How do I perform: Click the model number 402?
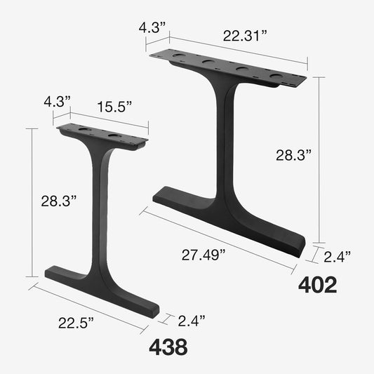tap(318, 284)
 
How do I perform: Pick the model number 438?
tap(168, 346)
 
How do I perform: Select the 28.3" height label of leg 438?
tap(58, 201)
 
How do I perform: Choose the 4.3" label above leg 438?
tap(58, 101)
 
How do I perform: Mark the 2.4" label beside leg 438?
tap(190, 321)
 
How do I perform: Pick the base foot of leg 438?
tap(105, 286)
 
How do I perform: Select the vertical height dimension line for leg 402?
tap(320, 158)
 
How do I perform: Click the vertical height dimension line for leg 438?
tap(32, 203)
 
